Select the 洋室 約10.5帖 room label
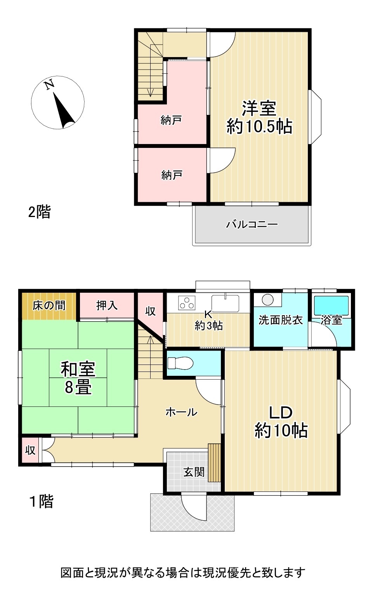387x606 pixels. (x=259, y=117)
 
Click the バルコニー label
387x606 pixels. (x=252, y=224)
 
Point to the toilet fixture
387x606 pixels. (x=180, y=363)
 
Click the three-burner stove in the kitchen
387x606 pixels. (x=186, y=303)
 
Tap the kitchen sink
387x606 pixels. (x=225, y=303)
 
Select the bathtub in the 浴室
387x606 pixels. (x=331, y=305)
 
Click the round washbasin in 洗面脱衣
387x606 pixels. (x=268, y=300)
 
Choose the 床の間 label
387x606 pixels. (x=49, y=306)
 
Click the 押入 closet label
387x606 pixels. (x=107, y=305)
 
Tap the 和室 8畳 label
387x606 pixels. (x=78, y=378)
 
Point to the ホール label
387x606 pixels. (x=181, y=412)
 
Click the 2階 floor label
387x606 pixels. (x=40, y=212)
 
